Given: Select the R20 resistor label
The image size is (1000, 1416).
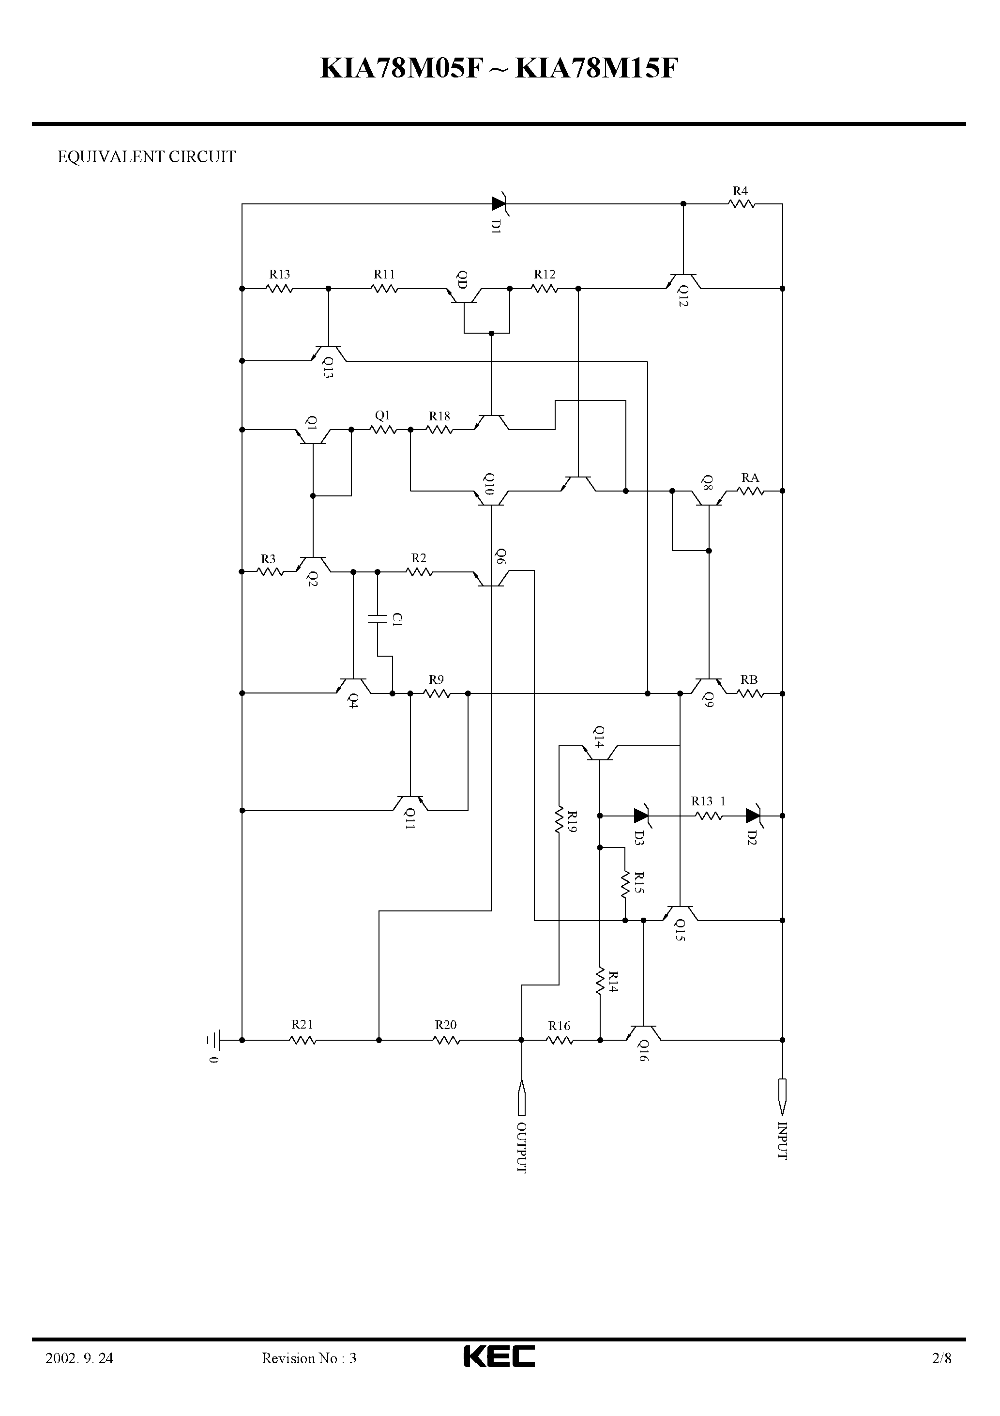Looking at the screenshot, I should pos(446,1025).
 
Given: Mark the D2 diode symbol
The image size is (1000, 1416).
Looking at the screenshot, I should pos(753,816).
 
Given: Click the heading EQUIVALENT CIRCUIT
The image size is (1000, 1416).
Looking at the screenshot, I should pos(146,157).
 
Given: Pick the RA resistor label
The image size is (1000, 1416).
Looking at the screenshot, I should pos(750,477).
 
